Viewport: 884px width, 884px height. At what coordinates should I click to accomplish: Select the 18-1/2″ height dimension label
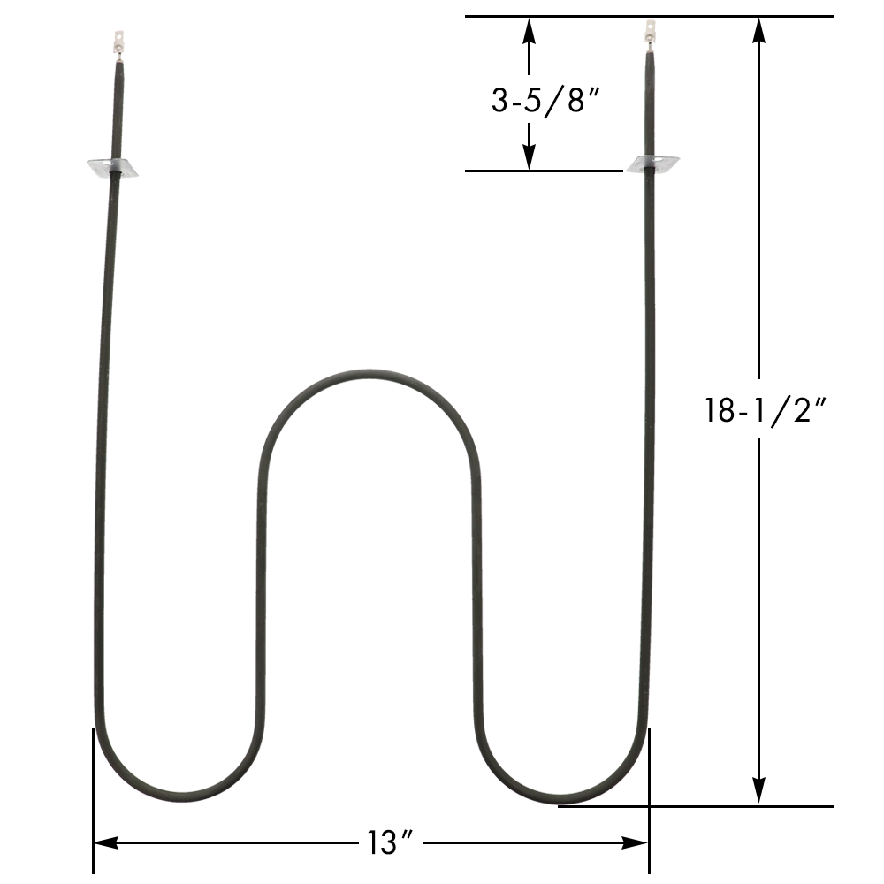coord(766,410)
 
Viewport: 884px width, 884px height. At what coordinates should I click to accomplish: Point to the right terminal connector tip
coord(650,33)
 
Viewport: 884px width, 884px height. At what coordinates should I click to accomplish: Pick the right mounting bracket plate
coord(652,164)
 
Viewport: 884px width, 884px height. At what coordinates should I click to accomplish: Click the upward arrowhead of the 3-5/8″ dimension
coord(529,29)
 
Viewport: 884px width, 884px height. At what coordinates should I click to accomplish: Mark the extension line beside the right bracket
coord(544,171)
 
